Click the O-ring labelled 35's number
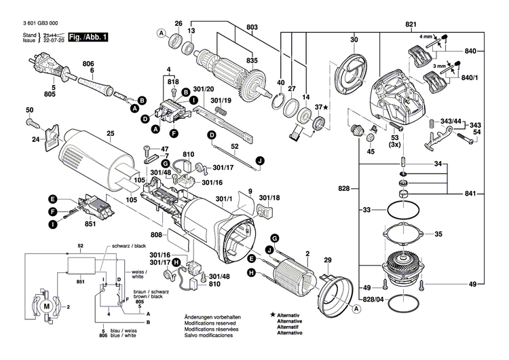[437, 234]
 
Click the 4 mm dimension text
[426, 36]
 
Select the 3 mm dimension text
[440, 66]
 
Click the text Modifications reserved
[209, 323]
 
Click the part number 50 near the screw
[29, 110]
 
